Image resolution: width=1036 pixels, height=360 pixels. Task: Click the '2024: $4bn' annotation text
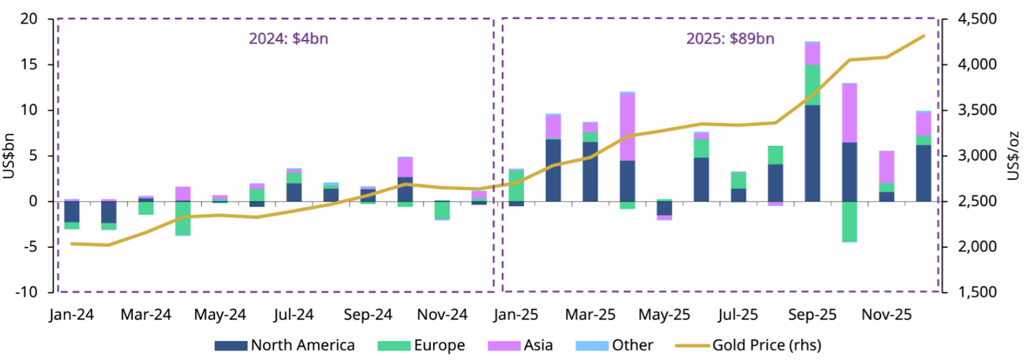tap(288, 39)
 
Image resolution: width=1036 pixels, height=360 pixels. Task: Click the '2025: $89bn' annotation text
tap(730, 39)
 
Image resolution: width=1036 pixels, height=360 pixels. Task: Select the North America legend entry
tap(285, 346)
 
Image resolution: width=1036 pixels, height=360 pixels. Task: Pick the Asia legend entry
tap(521, 346)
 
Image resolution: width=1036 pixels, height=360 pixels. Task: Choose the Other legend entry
tap(614, 346)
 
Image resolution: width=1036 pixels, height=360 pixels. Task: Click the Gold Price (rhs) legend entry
tap(748, 346)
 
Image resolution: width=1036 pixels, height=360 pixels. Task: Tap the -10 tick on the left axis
tap(27, 292)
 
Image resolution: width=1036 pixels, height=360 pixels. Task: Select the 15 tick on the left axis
tap(29, 65)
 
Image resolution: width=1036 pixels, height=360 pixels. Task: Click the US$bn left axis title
tap(8, 155)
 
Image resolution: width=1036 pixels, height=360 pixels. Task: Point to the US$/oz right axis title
tap(1014, 155)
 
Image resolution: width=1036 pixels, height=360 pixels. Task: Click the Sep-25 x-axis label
tap(812, 315)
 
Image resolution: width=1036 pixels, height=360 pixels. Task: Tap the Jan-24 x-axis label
tap(71, 315)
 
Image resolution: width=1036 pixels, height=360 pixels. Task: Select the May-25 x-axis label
tap(664, 315)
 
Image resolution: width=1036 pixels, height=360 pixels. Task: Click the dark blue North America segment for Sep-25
tap(812, 153)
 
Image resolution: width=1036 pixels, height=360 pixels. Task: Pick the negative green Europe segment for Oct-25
tap(849, 221)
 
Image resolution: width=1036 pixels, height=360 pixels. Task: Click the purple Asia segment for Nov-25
tap(886, 167)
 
